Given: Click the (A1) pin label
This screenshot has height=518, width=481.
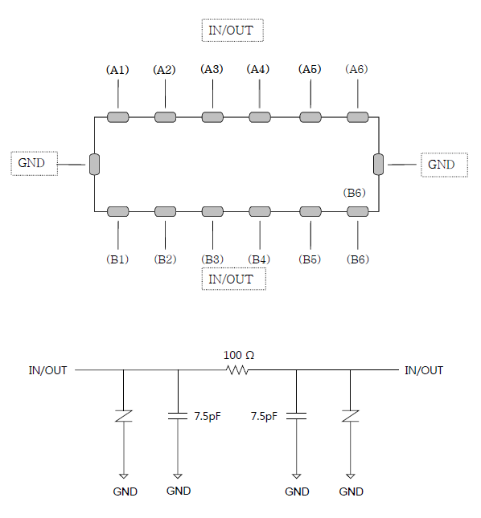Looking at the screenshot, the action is click(x=117, y=70).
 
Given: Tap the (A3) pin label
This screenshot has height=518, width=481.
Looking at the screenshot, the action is click(x=212, y=69).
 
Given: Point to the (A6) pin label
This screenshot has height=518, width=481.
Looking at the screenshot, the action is click(x=356, y=69).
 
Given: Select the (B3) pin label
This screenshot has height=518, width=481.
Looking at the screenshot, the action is click(x=212, y=259).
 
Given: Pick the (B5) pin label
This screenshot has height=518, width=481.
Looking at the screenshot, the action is click(x=310, y=259).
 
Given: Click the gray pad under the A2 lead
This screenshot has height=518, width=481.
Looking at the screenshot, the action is click(x=166, y=117).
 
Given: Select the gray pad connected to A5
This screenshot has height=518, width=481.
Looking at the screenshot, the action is click(x=310, y=117).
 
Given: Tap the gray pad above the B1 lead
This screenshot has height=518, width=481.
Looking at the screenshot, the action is click(x=118, y=211).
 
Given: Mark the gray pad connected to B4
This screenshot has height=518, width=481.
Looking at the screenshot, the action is click(x=260, y=211).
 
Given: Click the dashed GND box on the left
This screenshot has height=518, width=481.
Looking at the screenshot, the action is click(x=35, y=164).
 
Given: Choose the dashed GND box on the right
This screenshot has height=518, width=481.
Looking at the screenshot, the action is click(x=444, y=165).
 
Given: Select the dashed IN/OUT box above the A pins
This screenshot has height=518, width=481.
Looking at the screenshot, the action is click(x=232, y=31).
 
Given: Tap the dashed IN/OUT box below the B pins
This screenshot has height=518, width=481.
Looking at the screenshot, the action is click(x=234, y=279).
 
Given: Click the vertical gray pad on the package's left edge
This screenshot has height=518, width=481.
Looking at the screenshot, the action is click(x=94, y=164).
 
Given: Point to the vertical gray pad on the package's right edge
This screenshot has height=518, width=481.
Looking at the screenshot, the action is click(x=379, y=164).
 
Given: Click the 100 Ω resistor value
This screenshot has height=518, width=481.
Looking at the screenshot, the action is click(x=239, y=355).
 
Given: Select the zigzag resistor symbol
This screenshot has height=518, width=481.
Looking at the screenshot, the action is click(x=237, y=370).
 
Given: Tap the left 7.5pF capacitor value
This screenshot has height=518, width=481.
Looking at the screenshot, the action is click(x=208, y=416).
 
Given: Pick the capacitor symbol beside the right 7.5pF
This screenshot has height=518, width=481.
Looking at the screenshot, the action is click(x=297, y=416).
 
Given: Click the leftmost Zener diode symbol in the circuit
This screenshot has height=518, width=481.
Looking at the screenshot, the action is click(x=124, y=416).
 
